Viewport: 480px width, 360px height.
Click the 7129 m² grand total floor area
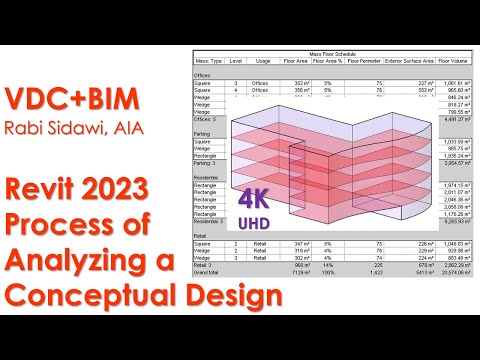(x=297, y=273)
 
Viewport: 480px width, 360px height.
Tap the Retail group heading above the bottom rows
(x=203, y=235)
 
